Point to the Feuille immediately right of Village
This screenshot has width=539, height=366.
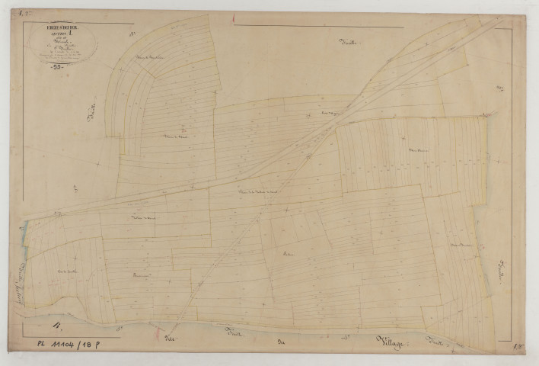coord(439,340)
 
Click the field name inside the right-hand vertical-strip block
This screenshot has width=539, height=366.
coord(416,151)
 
